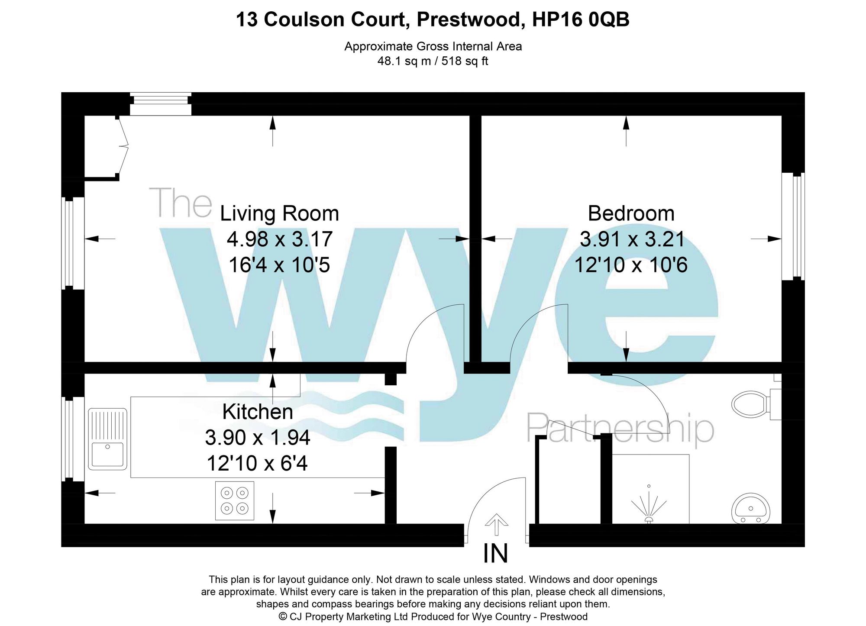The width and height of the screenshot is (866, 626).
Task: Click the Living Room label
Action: [279, 214]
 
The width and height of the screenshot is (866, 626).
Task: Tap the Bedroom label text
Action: [631, 214]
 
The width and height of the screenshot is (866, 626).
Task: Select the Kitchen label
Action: [258, 412]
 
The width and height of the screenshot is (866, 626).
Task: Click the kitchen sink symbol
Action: [108, 439]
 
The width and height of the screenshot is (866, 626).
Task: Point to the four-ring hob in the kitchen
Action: [235, 500]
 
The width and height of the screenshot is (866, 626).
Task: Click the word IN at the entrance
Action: [495, 554]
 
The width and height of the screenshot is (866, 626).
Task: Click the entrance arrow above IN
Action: [496, 525]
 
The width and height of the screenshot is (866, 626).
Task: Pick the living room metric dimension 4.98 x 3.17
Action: [279, 239]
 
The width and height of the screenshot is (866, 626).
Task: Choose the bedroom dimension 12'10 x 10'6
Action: [631, 265]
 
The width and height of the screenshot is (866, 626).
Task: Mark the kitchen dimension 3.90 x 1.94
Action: [258, 438]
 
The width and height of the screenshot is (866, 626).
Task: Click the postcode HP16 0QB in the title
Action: [581, 19]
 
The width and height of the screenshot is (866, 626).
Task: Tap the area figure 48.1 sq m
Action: [404, 61]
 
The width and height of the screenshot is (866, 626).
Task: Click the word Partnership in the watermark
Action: [620, 428]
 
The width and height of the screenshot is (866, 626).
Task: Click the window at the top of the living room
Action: [161, 104]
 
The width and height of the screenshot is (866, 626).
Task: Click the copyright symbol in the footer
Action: [283, 616]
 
